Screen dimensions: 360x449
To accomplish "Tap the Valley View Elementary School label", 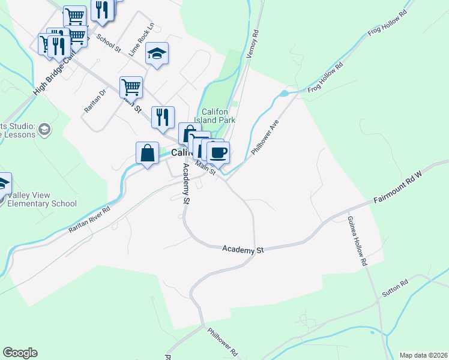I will click(42, 199).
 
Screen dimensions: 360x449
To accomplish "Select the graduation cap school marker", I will click(157, 54).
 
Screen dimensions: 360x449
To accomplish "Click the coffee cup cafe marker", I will click(218, 152).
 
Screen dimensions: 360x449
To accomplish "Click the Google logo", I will click(20, 353).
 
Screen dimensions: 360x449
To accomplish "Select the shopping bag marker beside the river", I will click(147, 153).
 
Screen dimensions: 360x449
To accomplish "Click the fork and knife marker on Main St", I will click(163, 117).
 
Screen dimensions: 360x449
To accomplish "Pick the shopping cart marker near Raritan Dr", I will click(131, 88).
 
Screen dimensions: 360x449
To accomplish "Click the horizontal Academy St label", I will click(243, 249).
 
